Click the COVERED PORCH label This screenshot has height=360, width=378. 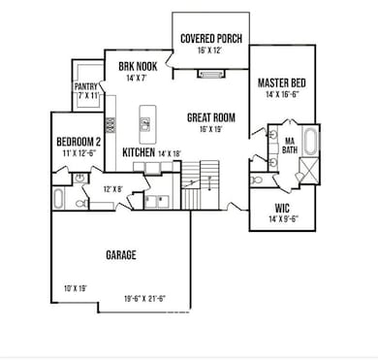click(x=211, y=39)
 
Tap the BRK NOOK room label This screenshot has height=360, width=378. click(x=131, y=66)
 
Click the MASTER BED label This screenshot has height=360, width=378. click(x=283, y=84)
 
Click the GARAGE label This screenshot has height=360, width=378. click(x=120, y=255)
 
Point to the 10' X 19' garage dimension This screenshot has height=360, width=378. click(x=77, y=288)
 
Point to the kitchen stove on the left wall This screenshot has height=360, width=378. click(x=110, y=124)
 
